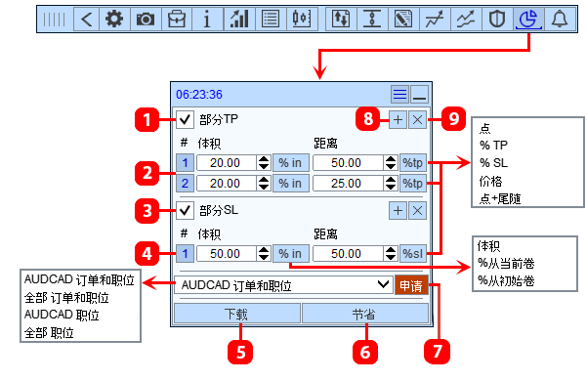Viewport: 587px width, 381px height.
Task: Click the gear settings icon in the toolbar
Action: click(114, 19)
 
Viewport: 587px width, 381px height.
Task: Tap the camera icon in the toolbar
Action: click(146, 19)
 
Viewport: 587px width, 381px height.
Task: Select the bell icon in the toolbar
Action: click(560, 19)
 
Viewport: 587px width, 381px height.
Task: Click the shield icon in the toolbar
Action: click(497, 19)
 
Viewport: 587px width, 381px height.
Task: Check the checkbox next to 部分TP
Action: click(185, 120)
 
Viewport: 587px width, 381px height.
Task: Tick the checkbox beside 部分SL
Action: click(185, 210)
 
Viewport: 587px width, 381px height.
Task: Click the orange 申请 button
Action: click(411, 285)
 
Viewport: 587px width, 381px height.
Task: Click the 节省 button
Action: click(364, 314)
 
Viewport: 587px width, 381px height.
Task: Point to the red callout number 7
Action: click(437, 352)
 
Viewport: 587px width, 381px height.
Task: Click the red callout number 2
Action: click(147, 173)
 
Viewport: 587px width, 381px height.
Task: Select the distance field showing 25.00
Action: click(348, 184)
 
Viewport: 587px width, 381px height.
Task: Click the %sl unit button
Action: click(413, 254)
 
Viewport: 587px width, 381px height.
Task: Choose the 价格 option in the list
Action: click(490, 181)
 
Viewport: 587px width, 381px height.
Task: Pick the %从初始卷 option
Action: click(506, 280)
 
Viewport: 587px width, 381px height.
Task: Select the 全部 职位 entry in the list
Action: click(49, 333)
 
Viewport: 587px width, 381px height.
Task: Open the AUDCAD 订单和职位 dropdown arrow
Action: click(383, 285)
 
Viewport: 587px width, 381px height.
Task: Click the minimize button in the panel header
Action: click(419, 95)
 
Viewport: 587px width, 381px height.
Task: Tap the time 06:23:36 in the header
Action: click(199, 95)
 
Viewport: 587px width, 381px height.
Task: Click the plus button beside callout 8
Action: click(398, 120)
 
